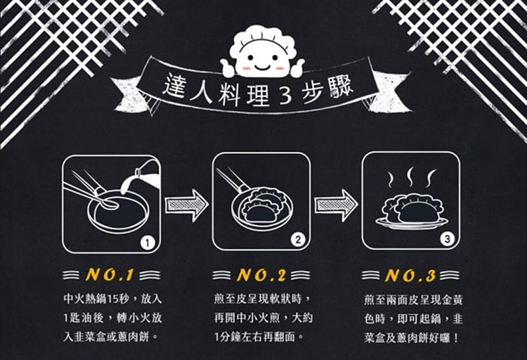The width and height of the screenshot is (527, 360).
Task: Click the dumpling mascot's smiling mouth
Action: click(x=263, y=66)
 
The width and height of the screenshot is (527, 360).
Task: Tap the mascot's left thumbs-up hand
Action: click(x=228, y=67)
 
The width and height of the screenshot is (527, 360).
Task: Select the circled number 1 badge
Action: click(x=147, y=243)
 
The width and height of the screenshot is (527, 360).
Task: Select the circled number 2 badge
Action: click(x=297, y=240)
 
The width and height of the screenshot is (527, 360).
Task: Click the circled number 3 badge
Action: click(x=447, y=239)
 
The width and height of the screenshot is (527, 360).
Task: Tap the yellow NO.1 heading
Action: click(x=110, y=275)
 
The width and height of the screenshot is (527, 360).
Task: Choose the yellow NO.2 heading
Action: click(x=261, y=275)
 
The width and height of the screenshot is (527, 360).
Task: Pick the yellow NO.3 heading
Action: click(x=410, y=276)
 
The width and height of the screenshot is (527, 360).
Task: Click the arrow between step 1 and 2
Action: click(x=187, y=205)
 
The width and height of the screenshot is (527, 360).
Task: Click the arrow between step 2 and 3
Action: click(x=336, y=205)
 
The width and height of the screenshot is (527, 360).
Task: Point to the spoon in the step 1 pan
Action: click(x=93, y=193)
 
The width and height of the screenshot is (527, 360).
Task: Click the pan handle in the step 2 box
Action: click(x=232, y=179)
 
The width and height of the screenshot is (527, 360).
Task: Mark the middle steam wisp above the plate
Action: click(x=410, y=176)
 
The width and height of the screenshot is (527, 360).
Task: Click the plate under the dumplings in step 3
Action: click(x=411, y=223)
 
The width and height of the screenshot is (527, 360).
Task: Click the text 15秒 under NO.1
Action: click(x=117, y=299)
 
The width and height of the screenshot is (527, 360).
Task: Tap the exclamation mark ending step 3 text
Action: click(x=456, y=337)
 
